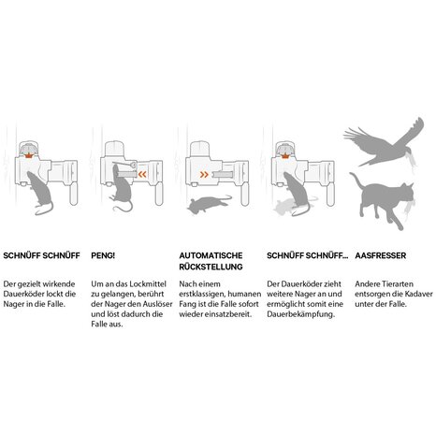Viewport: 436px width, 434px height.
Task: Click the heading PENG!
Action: coord(103,255)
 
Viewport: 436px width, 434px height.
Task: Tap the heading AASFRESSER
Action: coord(381,255)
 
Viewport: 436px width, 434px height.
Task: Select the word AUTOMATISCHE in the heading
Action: coord(211,255)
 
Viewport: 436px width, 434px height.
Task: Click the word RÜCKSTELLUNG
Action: coord(211,267)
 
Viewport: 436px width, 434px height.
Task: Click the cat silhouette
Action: coord(385,199)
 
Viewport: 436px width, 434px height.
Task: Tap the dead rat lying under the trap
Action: coord(209,204)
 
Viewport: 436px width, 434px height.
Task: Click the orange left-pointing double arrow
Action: coord(142,174)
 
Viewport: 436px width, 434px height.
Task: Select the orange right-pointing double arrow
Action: coord(204,175)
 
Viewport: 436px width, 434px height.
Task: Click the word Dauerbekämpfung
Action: coord(301,314)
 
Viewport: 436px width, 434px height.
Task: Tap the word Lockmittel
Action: coord(148,284)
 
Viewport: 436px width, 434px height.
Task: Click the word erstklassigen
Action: coord(202,295)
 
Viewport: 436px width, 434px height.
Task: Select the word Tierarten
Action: coord(400,284)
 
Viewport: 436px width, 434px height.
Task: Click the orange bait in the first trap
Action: coord(28,155)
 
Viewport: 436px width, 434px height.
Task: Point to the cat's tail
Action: coord(357,181)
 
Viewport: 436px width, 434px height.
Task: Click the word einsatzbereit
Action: coord(231,314)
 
